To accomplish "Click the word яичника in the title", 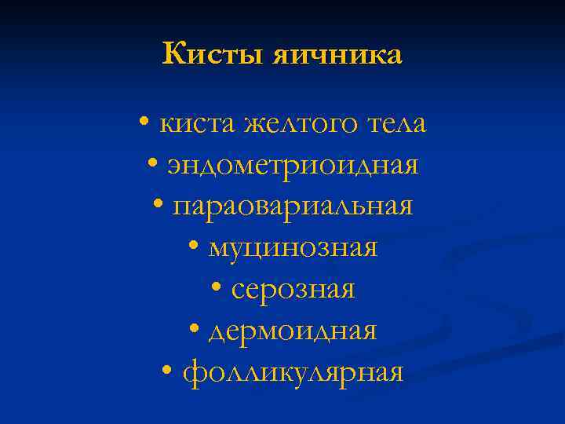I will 337,55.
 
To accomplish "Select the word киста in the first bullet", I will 198,124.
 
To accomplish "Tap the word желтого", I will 301,124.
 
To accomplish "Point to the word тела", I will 396,124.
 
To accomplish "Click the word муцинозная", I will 293,248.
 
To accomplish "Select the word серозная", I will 293,289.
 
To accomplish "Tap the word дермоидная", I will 293,331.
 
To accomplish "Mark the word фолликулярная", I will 293,371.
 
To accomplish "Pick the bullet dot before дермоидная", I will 195,331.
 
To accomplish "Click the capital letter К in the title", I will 173,54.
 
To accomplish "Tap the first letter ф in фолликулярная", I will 192,372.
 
